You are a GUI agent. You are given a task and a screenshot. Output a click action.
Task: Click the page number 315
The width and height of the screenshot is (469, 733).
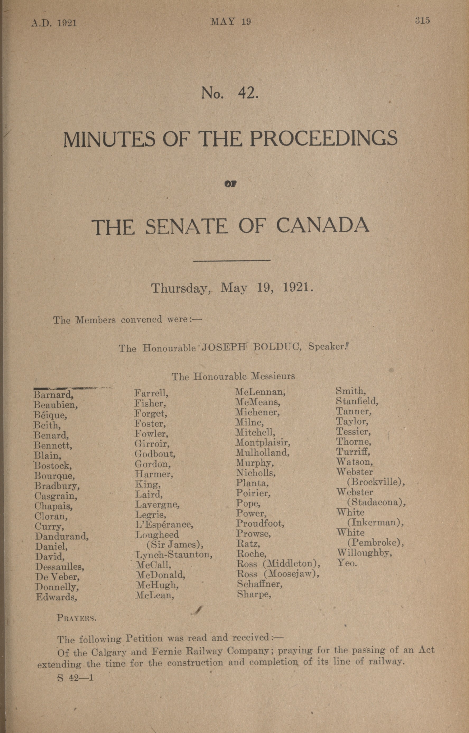[x=422, y=20]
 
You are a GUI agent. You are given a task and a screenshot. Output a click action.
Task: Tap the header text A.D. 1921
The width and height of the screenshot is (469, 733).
[x=54, y=23]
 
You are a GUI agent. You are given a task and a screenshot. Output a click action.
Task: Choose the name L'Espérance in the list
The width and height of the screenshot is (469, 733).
[x=164, y=525]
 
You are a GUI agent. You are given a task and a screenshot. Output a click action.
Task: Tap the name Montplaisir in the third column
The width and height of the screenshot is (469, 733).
[x=263, y=442]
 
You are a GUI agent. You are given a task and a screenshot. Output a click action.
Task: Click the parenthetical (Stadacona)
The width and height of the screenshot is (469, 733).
[x=377, y=502]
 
